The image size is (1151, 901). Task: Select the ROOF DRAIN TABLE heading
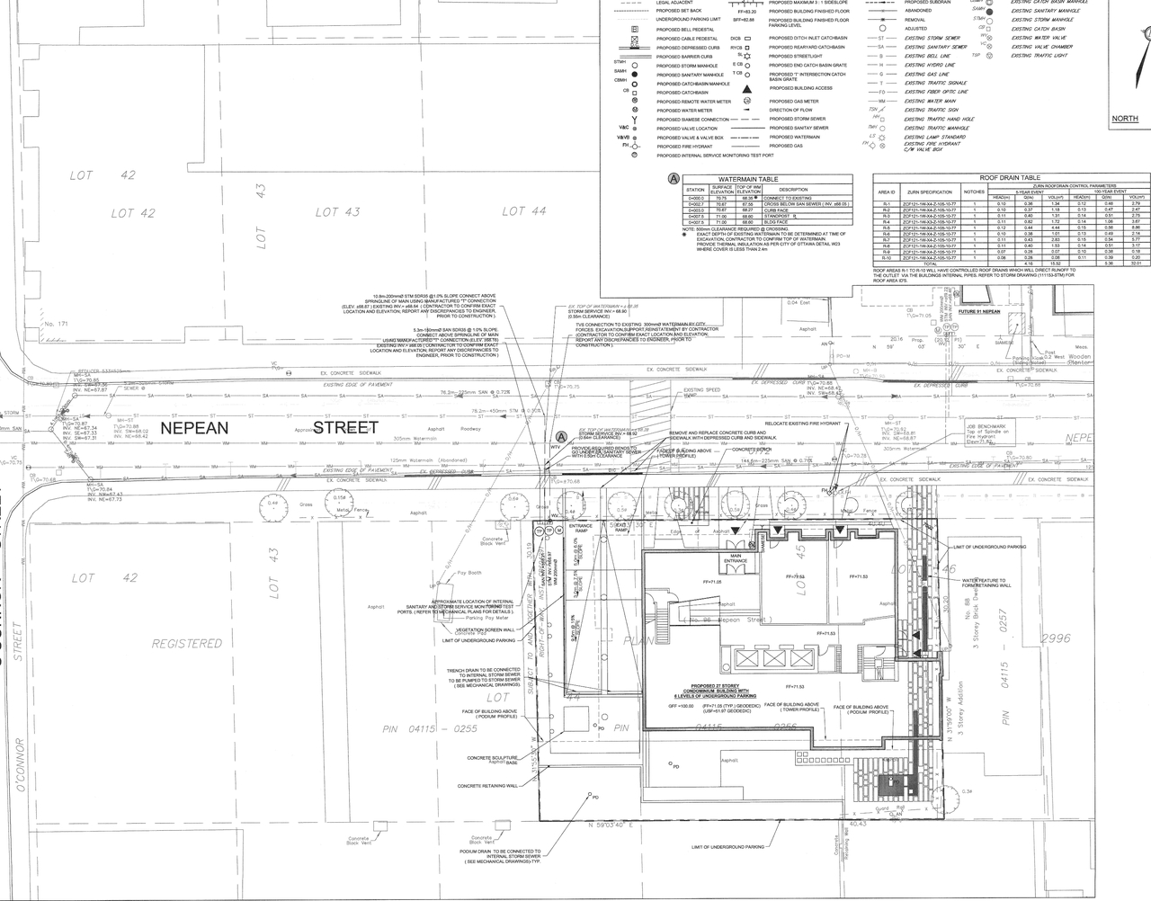(1009, 178)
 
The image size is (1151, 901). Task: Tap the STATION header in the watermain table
(695, 190)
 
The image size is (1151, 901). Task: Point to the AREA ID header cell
(887, 192)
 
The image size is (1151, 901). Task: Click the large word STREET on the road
(345, 428)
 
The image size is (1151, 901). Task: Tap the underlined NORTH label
(1125, 119)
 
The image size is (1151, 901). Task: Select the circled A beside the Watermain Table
(672, 180)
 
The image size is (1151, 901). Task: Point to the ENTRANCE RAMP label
(581, 529)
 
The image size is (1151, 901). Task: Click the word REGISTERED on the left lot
(187, 644)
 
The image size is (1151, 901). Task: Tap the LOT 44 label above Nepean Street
(524, 211)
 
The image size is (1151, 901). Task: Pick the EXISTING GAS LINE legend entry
(925, 74)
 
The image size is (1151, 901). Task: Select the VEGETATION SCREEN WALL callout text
(484, 630)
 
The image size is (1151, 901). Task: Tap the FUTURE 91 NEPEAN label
(978, 312)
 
